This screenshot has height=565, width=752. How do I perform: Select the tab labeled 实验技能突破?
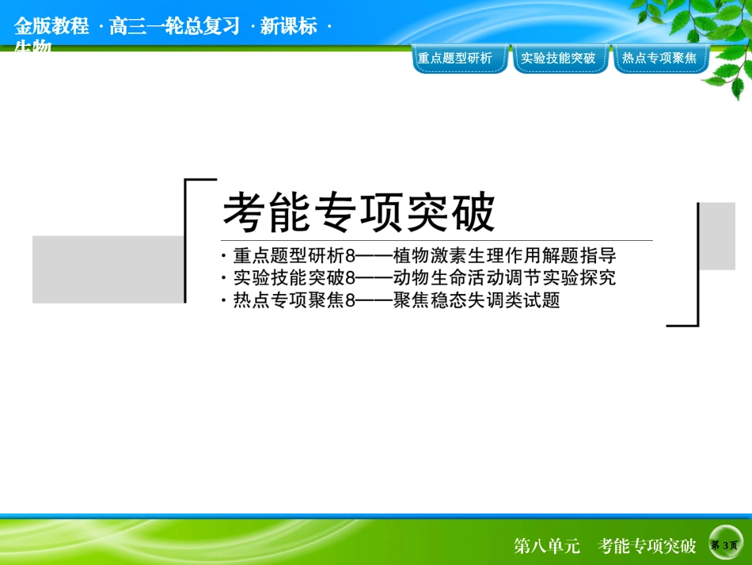click(558, 58)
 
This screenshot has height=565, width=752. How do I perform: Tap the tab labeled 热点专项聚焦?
click(659, 58)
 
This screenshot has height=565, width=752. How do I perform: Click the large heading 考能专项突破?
click(359, 212)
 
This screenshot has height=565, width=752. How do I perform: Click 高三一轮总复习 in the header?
click(175, 26)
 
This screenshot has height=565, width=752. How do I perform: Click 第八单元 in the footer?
click(547, 546)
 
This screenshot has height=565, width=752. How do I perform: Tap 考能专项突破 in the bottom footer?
click(648, 546)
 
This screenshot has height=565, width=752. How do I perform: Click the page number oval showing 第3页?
click(725, 545)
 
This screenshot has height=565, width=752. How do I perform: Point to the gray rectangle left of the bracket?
click(108, 269)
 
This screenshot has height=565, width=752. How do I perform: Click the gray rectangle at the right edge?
click(717, 235)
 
